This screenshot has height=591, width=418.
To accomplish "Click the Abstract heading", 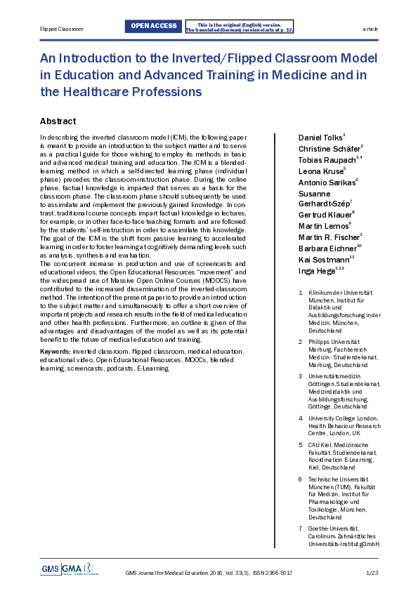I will pyautogui.click(x=58, y=121).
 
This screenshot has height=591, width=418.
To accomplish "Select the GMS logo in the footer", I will pyautogui.click(x=51, y=569).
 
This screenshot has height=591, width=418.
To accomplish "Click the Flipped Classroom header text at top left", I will pyautogui.click(x=61, y=29).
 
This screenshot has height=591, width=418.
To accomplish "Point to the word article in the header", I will pyautogui.click(x=370, y=29).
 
